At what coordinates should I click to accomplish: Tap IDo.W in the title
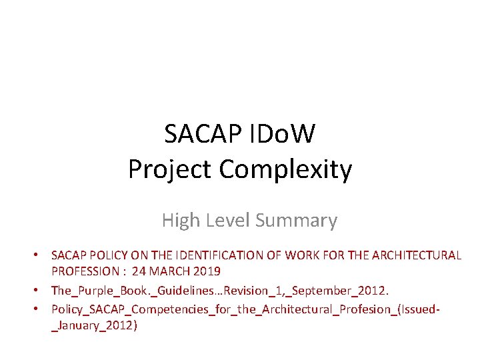coord(283,135)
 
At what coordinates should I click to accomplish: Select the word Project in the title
coord(171,169)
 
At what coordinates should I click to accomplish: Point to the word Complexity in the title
coord(285,171)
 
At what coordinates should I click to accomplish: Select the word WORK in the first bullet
coord(300,255)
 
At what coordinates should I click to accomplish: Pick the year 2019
coord(205,271)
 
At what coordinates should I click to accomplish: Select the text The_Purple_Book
coord(93,291)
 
